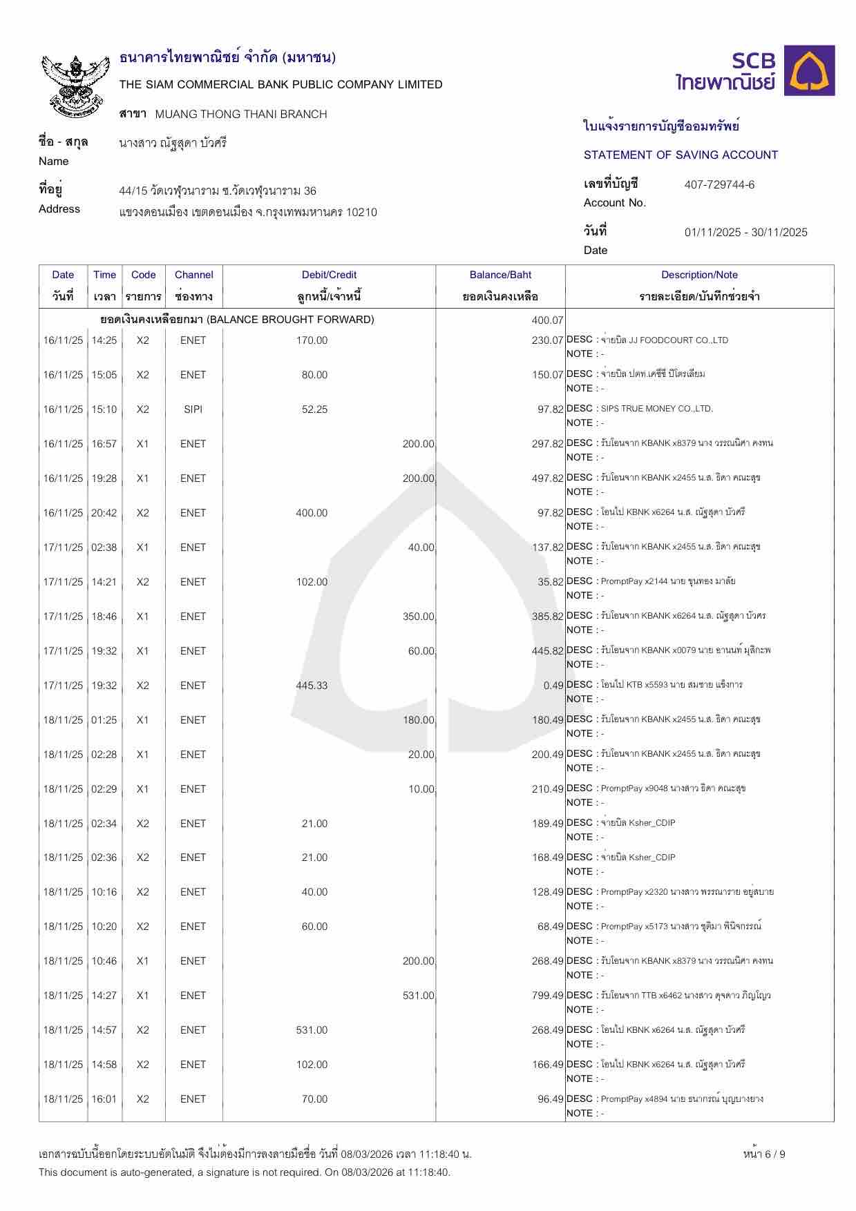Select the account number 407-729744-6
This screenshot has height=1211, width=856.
pyautogui.click(x=719, y=185)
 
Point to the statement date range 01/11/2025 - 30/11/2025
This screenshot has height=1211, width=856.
pyautogui.click(x=745, y=233)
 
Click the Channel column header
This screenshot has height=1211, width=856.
pyautogui.click(x=193, y=275)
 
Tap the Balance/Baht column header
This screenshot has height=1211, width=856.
pyautogui.click(x=500, y=275)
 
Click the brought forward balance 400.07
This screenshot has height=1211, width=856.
pyautogui.click(x=548, y=320)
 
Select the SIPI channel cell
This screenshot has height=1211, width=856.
pyautogui.click(x=193, y=409)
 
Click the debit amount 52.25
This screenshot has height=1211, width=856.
pyautogui.click(x=314, y=409)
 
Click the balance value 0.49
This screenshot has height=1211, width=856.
pyautogui.click(x=553, y=686)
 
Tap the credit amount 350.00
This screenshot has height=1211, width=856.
pyautogui.click(x=418, y=617)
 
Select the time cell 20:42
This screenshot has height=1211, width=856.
pyautogui.click(x=104, y=513)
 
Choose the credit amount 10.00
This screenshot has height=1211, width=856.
pyautogui.click(x=421, y=789)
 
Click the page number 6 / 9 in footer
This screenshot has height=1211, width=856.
pyautogui.click(x=764, y=1154)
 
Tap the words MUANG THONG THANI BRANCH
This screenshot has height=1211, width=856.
pyautogui.click(x=241, y=115)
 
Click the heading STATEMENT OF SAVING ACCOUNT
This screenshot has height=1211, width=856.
pyautogui.click(x=681, y=155)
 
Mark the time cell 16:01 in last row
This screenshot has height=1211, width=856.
pyautogui.click(x=104, y=1099)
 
